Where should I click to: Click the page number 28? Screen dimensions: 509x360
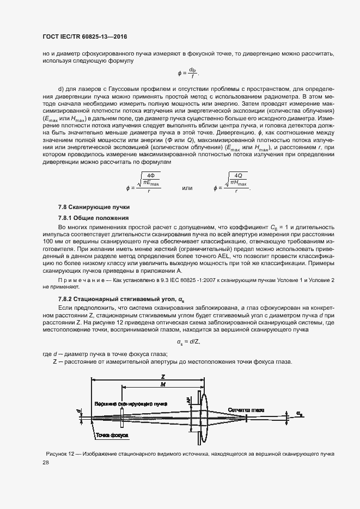click(46, 463)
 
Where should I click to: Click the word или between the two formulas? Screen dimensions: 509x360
click(187, 188)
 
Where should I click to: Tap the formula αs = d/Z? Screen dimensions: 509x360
click(188, 342)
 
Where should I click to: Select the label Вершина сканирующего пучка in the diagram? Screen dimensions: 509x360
click(130, 404)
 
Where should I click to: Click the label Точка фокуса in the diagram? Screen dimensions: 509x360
click(112, 436)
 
